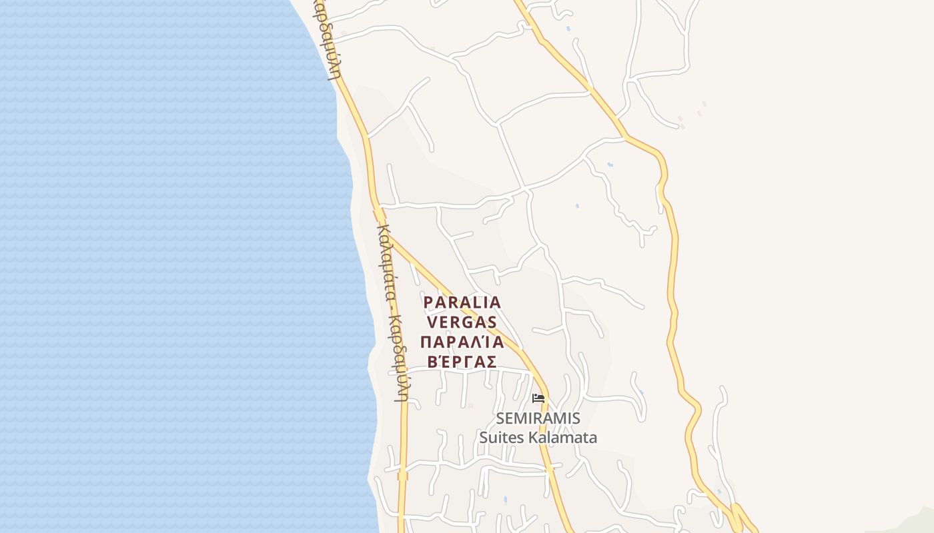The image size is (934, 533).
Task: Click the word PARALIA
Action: [462, 302]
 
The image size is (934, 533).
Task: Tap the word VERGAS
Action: [462, 322]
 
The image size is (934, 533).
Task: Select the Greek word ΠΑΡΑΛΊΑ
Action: [462, 342]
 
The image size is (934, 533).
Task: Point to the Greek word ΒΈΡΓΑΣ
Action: [462, 362]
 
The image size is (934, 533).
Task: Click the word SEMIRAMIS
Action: [538, 418]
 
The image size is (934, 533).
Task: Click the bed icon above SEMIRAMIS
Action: [538, 398]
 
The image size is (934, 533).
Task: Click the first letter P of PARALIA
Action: [428, 302]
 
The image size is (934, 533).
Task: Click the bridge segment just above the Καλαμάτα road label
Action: [380, 215]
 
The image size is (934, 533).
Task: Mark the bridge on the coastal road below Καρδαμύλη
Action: [402, 476]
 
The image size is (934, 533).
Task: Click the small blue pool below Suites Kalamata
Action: [505, 499]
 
